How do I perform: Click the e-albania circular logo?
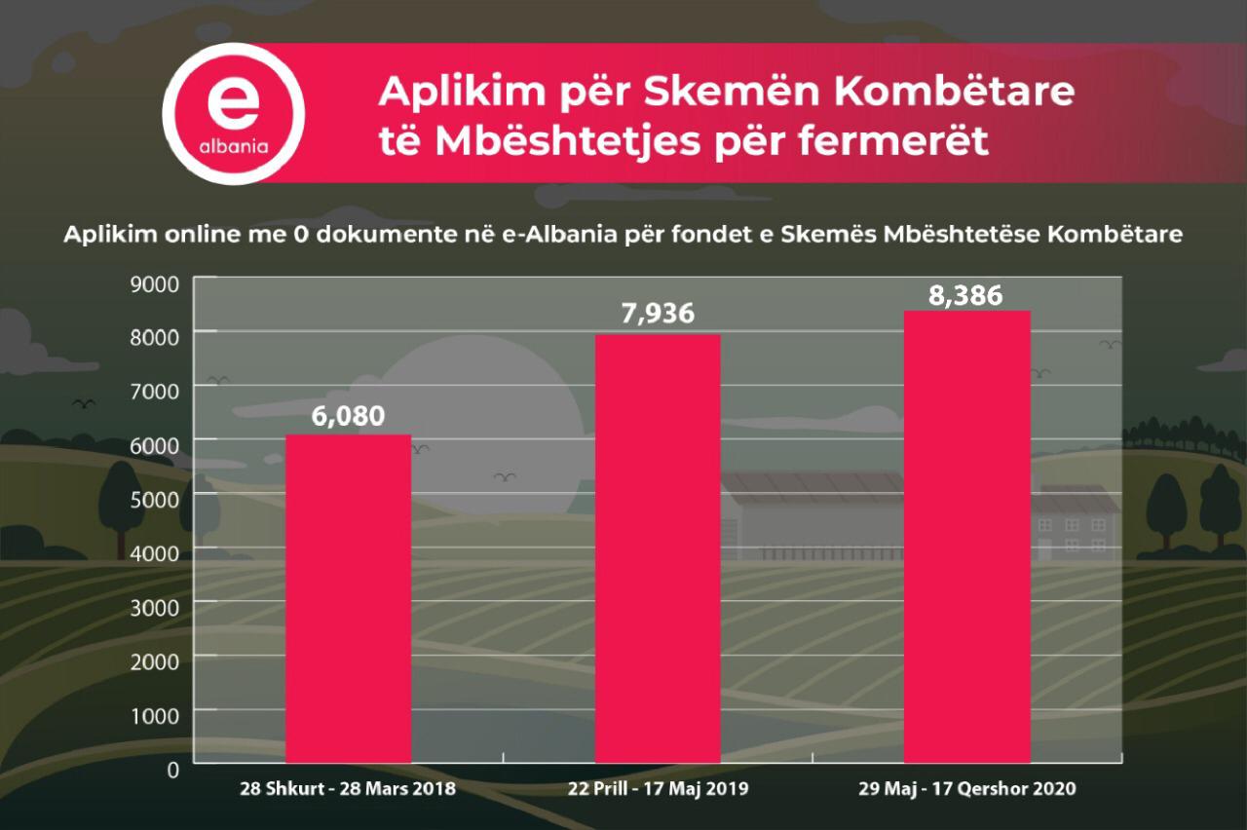pos(234,114)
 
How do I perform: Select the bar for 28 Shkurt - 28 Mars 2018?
pos(349,598)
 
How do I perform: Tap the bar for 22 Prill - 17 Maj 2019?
pos(658,548)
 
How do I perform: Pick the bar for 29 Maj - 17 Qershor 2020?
pos(967,537)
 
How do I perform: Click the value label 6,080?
pos(348,416)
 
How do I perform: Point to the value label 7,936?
pos(658,314)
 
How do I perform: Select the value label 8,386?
pos(965,295)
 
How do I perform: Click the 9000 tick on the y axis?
pos(155,284)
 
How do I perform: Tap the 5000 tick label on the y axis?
pos(155,500)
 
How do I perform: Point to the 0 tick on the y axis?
pos(173,770)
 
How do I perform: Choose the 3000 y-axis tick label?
pos(155,608)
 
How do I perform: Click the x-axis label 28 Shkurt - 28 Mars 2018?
pos(348,789)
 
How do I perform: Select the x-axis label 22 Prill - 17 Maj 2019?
pos(658,789)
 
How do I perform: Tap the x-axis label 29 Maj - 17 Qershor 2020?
pos(967,789)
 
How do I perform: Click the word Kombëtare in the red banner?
pos(954,91)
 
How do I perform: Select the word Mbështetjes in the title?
pos(567,142)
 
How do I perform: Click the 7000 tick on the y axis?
pos(155,392)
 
